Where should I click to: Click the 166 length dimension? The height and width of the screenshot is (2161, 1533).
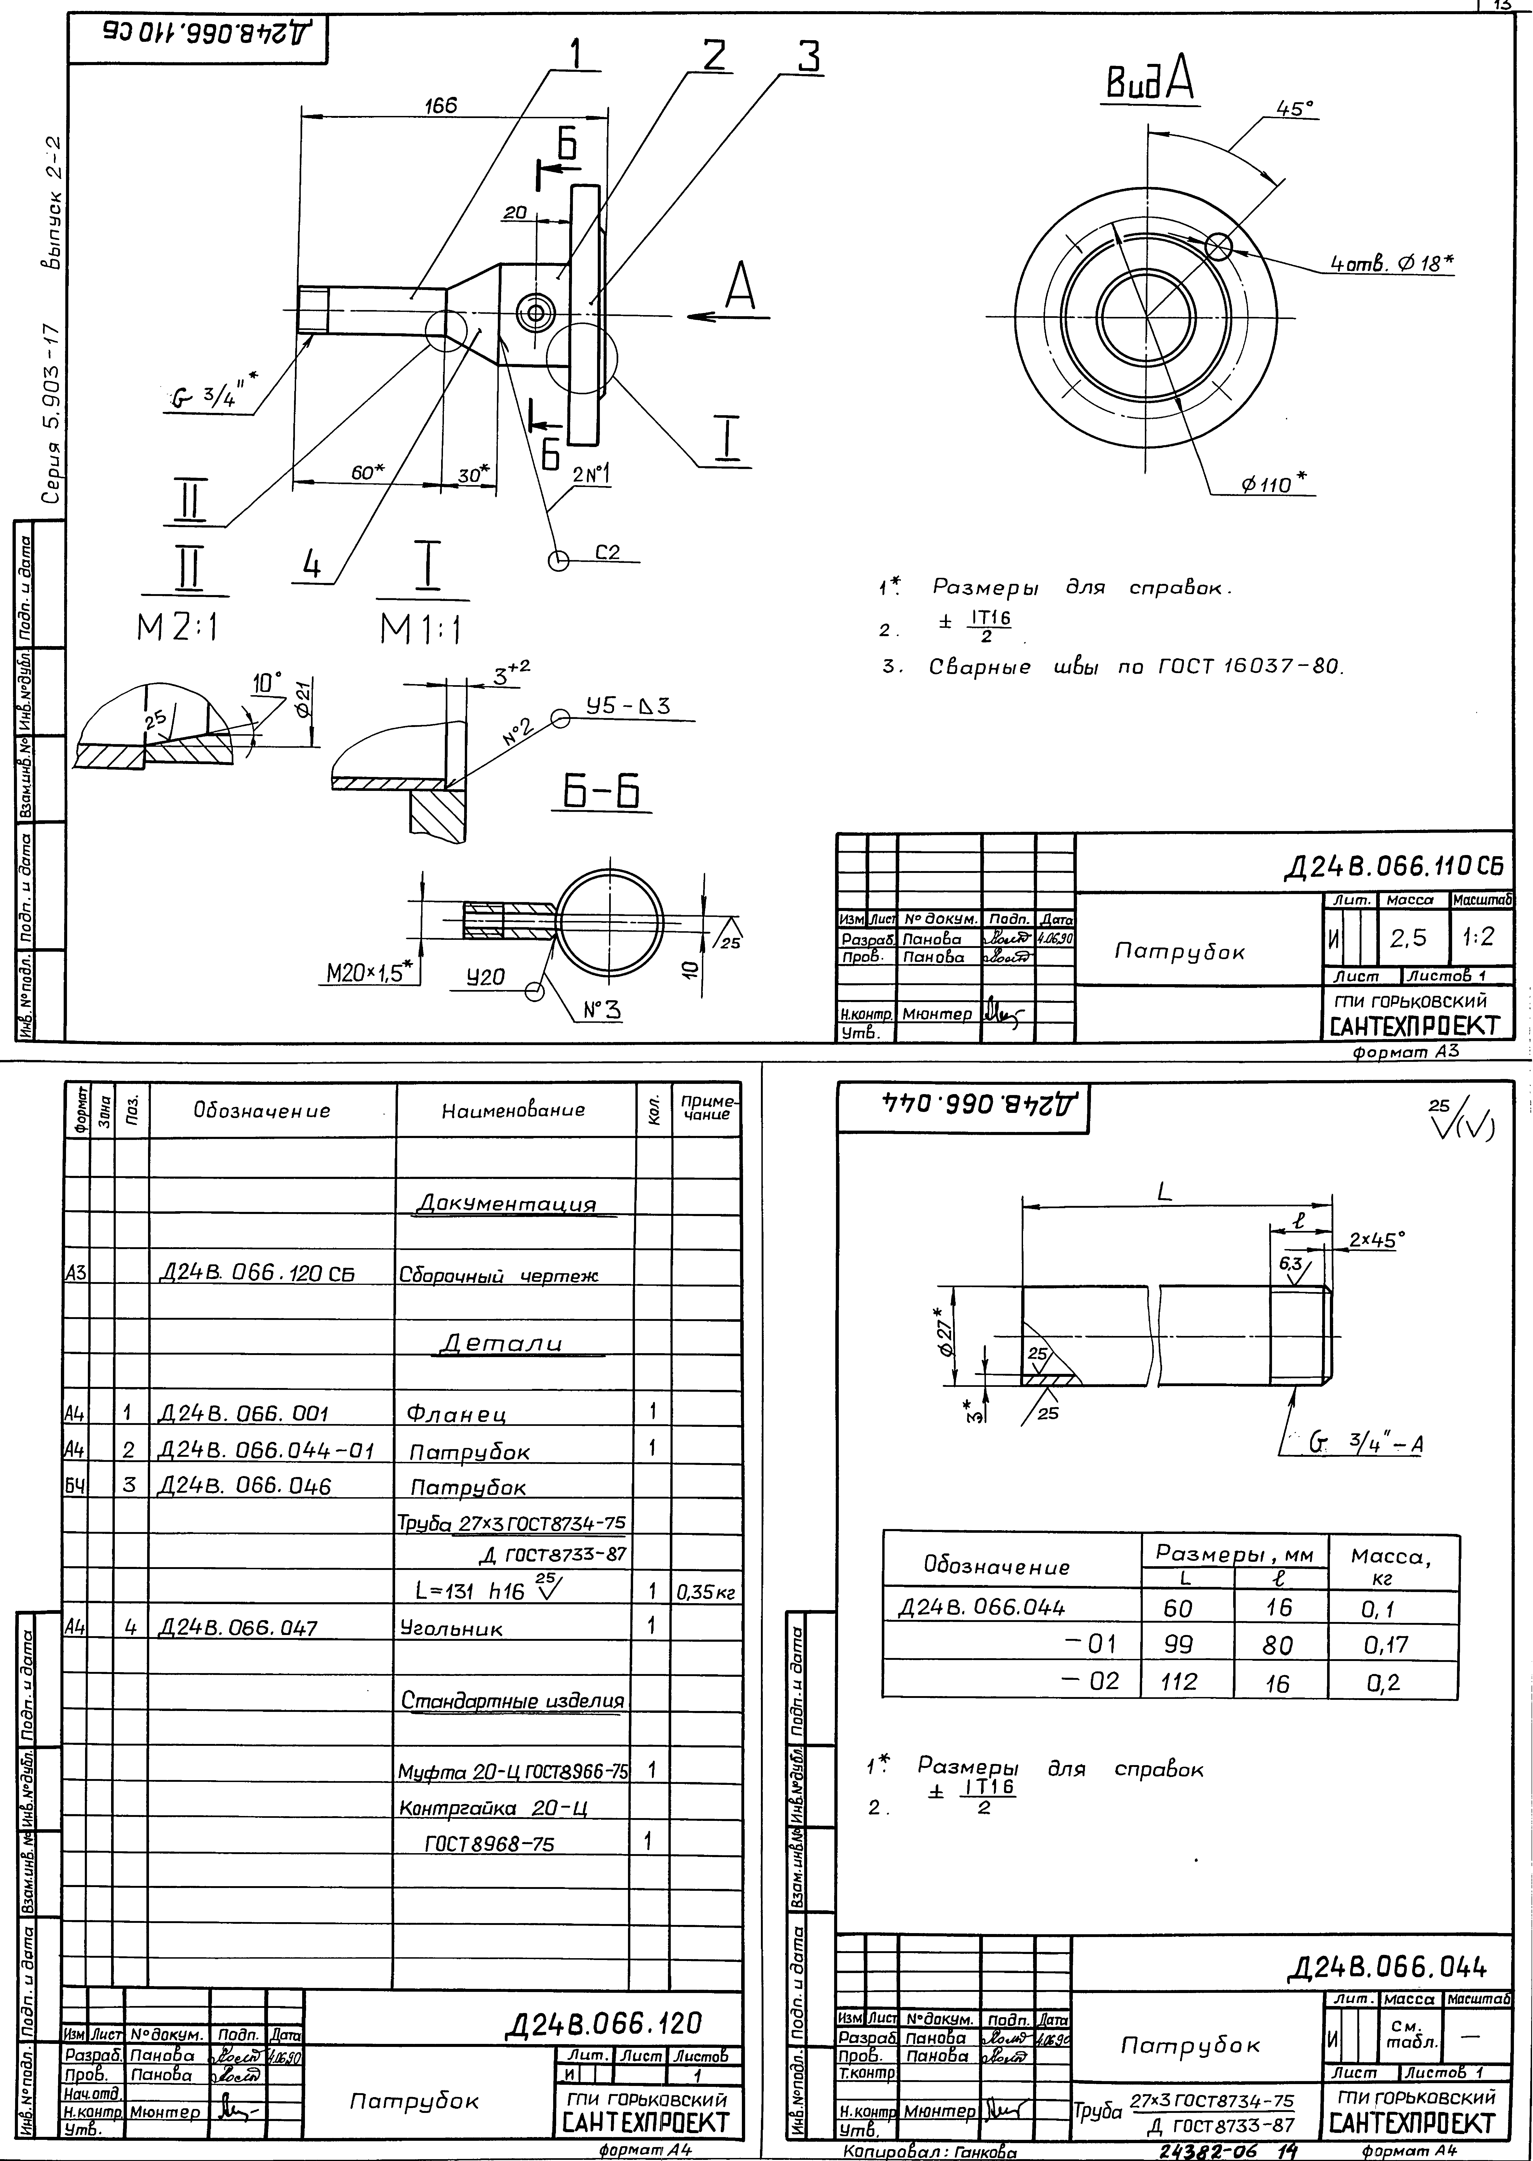pyautogui.click(x=440, y=106)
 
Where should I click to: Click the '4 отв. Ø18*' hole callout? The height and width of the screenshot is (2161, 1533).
pyautogui.click(x=1391, y=265)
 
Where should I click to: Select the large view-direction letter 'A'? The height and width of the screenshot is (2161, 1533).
pyautogui.click(x=740, y=288)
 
